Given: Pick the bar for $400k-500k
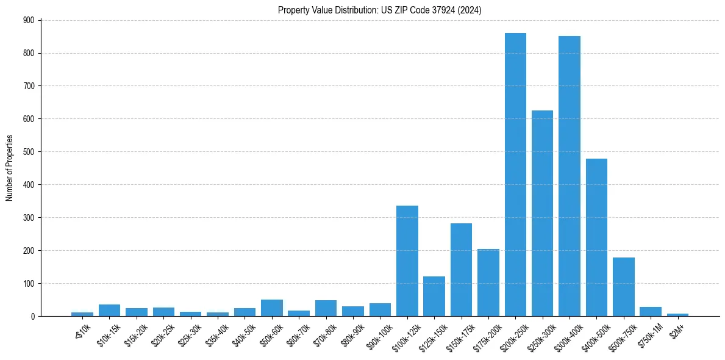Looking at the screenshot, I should [596, 237].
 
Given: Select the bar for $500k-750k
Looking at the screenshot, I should [623, 287].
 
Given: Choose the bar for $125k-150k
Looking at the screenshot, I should [434, 296].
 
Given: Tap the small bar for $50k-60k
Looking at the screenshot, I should [272, 308].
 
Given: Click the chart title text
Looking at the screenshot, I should [380, 10].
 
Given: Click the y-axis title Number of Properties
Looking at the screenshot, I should [9, 168].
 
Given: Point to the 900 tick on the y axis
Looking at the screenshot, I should [29, 20].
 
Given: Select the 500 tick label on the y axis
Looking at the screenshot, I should [29, 152].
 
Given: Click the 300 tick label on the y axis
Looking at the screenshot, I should [29, 218].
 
